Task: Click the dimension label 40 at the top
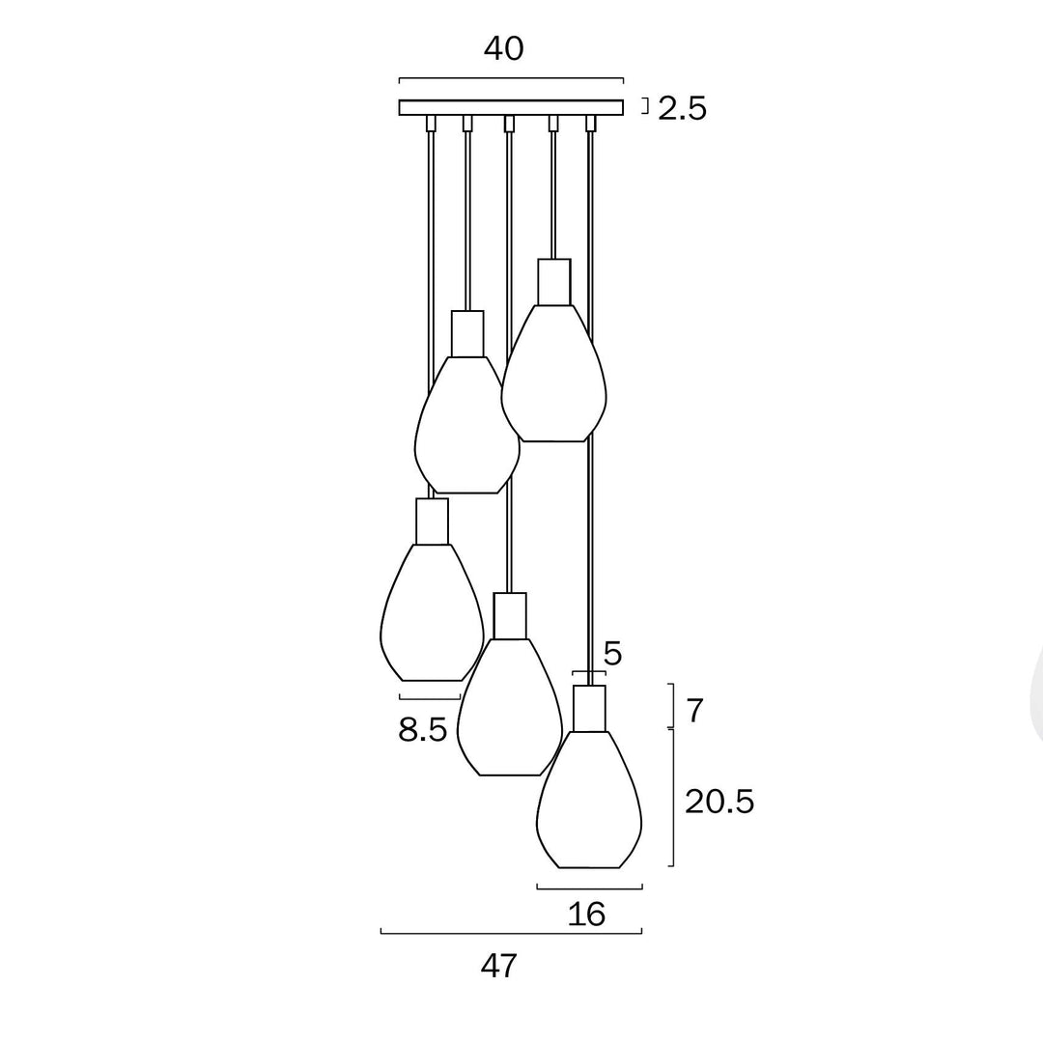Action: [x=503, y=48]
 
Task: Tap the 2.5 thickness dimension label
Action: [x=682, y=108]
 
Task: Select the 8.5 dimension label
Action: [x=423, y=729]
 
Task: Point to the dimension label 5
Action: [x=612, y=654]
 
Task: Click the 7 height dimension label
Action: [x=695, y=711]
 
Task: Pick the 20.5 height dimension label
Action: [x=719, y=801]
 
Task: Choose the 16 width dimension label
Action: [x=587, y=913]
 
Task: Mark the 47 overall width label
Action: [x=499, y=965]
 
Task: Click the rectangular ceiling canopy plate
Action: [x=510, y=107]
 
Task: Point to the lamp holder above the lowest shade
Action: [x=589, y=708]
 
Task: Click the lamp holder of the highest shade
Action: [x=554, y=282]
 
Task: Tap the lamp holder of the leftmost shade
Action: [x=432, y=521]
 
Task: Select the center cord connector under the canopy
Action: [x=509, y=124]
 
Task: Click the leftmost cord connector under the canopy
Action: [x=431, y=124]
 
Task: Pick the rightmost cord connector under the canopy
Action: [x=590, y=124]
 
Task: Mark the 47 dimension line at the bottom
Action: [x=511, y=933]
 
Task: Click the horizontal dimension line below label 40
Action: [x=511, y=79]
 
